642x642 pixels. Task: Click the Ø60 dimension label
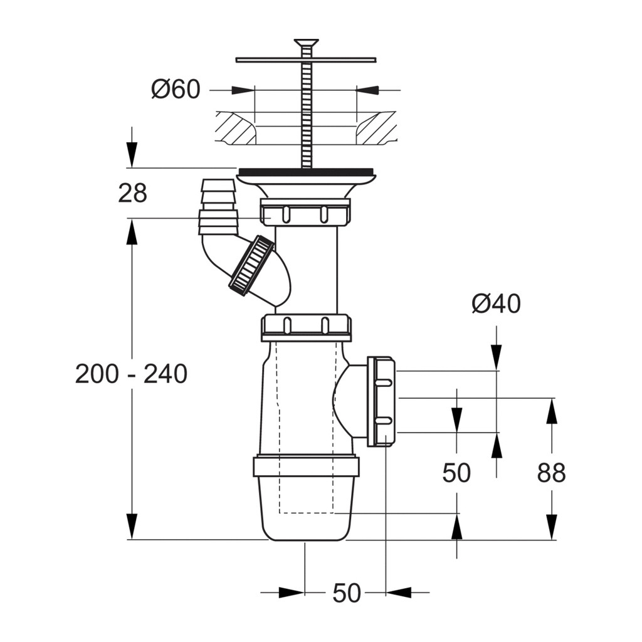tap(176, 89)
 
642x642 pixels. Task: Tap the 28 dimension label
tap(132, 193)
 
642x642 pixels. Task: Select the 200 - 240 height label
tap(132, 374)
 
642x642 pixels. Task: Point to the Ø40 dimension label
tap(497, 303)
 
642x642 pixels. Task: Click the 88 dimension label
tap(552, 473)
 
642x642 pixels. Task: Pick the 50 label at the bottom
tap(347, 592)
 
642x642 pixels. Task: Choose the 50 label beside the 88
tap(456, 473)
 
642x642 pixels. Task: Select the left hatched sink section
tap(236, 127)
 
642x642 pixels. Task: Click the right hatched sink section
tap(376, 127)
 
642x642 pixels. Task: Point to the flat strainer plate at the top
tap(306, 60)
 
